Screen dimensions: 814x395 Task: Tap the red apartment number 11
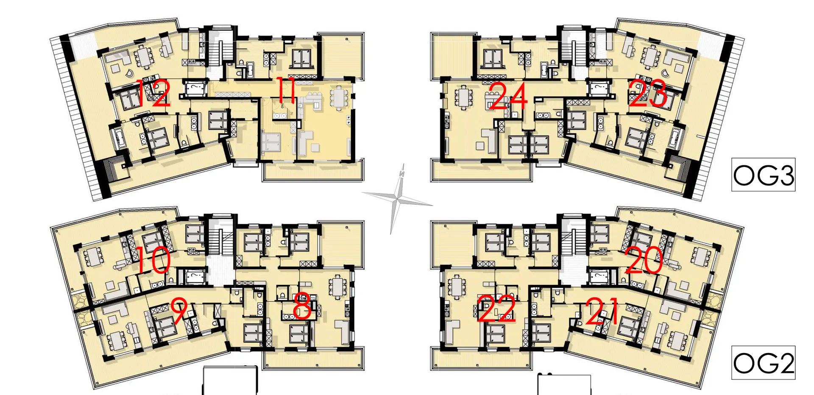[x=287, y=90]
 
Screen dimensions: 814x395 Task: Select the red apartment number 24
[x=508, y=96]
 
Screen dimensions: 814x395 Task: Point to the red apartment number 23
[x=647, y=94]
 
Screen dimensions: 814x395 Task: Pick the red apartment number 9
[x=179, y=311]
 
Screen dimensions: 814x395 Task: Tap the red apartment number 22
[x=496, y=308]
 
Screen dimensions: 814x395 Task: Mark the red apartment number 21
[x=601, y=311]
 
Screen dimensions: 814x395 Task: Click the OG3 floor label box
[x=763, y=175]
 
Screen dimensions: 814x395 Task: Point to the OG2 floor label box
[x=763, y=363]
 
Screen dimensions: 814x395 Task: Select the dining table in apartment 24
[x=463, y=97]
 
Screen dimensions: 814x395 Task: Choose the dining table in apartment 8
[x=337, y=287]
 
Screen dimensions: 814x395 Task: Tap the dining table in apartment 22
[x=457, y=287]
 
